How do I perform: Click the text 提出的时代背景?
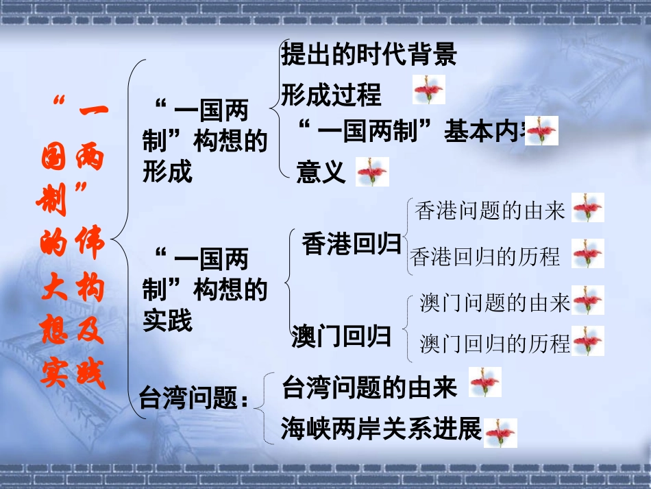369,55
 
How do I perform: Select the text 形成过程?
331,95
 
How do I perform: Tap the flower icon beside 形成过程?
429,90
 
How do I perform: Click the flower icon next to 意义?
372,171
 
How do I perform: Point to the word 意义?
321,172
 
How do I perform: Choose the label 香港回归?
351,244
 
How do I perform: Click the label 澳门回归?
341,337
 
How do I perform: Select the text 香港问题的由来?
490,211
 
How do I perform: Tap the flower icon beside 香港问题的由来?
588,208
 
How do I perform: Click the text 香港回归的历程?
486,257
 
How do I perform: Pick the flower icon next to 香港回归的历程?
588,253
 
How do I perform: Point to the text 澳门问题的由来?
495,302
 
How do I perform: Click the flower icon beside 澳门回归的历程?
588,342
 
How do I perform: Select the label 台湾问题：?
194,398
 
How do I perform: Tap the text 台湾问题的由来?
369,387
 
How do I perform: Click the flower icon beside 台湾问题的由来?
485,382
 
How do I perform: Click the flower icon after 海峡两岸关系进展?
500,433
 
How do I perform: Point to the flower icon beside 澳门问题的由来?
588,300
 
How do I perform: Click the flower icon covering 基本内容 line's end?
542,130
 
